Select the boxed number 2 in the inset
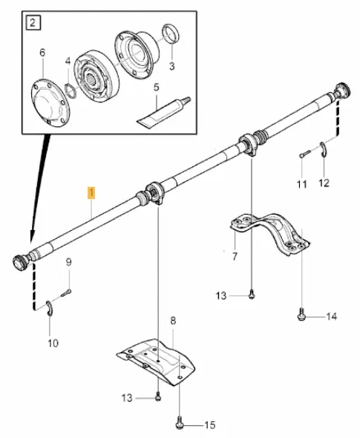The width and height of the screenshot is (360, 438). coord(32,22)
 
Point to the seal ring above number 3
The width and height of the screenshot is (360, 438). coord(170,33)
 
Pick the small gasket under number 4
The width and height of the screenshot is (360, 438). coord(71,89)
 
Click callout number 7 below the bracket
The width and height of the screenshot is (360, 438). coord(235,257)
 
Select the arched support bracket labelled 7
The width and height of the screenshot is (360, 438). coord(269,232)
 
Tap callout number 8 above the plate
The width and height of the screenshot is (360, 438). coord(173,321)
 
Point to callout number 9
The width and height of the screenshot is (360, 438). coord(68,261)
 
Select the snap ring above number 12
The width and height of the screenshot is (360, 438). coord(324,149)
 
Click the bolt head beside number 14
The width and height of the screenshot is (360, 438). coord(302,316)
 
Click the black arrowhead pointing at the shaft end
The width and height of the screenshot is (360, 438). coord(30,238)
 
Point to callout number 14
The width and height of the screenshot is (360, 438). coord(331,316)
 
